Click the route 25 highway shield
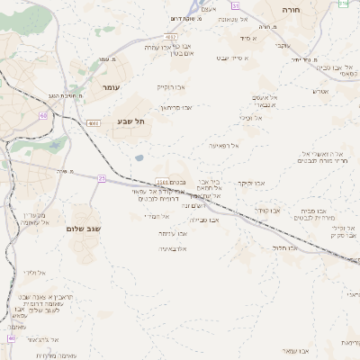tap(102, 178)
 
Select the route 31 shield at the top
tap(341, 4)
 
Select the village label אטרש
tap(320, 91)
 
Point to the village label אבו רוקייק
tap(169, 87)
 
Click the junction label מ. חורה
tap(264, 27)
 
